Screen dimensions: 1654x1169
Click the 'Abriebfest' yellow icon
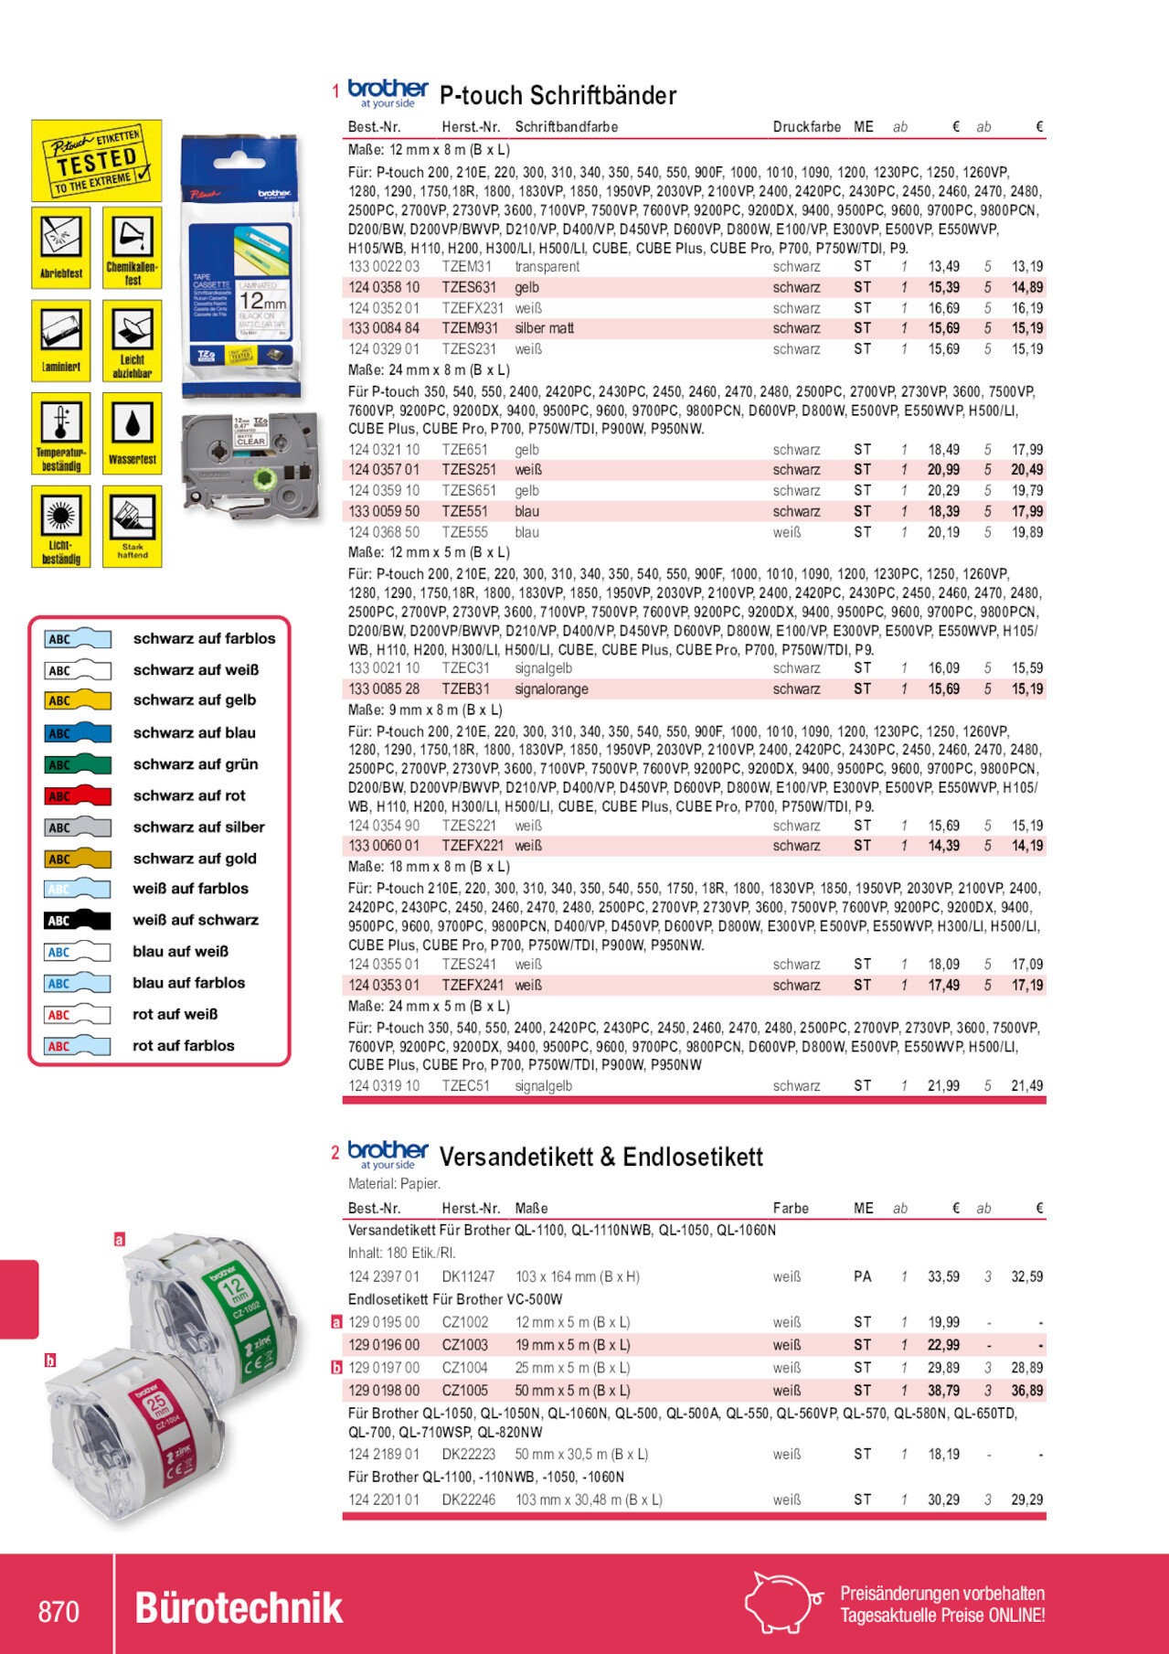tap(61, 247)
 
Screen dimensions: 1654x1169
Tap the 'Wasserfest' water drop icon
tap(133, 433)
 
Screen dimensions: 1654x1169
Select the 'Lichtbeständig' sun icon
tap(61, 527)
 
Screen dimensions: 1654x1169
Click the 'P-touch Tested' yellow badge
tap(97, 161)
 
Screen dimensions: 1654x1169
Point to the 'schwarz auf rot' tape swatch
tap(78, 795)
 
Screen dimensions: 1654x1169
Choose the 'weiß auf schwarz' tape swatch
tap(78, 920)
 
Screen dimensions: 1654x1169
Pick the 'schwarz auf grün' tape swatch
tap(78, 764)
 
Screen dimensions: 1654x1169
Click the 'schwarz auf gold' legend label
tap(195, 859)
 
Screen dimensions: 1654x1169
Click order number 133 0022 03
tap(384, 267)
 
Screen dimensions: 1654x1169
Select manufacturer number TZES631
tap(469, 287)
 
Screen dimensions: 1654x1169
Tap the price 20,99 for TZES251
tap(943, 470)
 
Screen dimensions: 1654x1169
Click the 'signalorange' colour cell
tap(551, 689)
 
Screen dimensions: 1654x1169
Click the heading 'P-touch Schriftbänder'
tap(558, 95)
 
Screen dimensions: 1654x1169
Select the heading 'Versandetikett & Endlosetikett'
tap(600, 1157)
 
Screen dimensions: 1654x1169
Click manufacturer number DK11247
tap(468, 1276)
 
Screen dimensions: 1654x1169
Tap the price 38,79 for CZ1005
tap(943, 1391)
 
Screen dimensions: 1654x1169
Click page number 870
tap(58, 1611)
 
